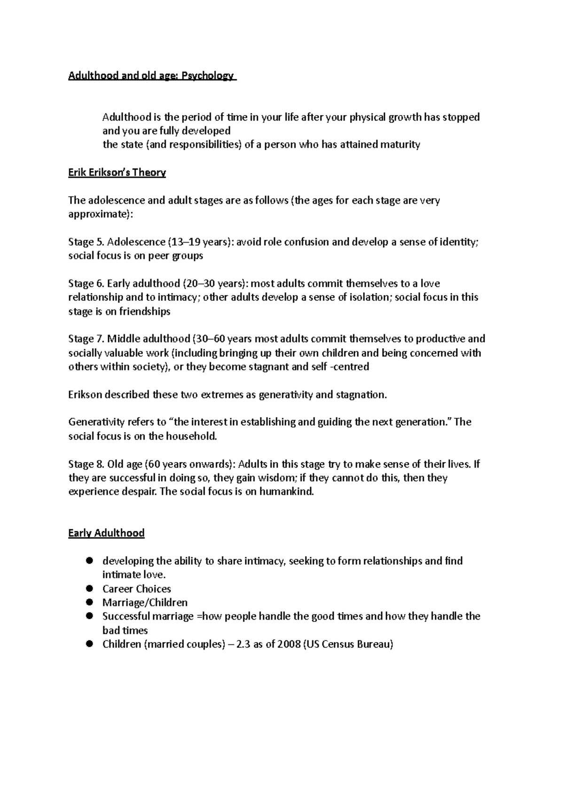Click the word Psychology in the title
(x=211, y=76)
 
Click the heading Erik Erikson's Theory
(x=117, y=173)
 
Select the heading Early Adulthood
(x=106, y=533)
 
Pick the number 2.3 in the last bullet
(x=243, y=644)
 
